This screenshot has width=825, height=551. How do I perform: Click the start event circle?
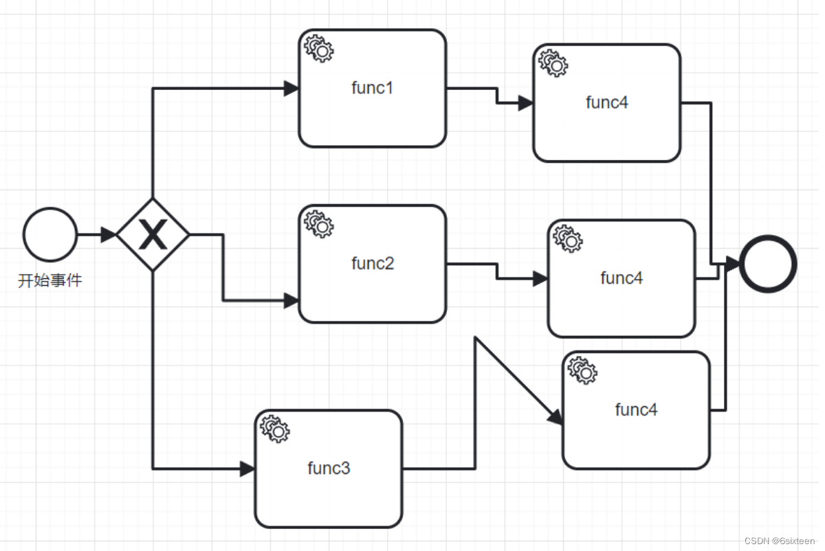coord(49,235)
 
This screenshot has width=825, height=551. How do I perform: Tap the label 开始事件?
coord(49,280)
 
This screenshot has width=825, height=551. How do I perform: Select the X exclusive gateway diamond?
coord(153,235)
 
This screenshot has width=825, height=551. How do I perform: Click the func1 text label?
coord(372,88)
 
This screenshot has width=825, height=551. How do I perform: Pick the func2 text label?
coord(372,263)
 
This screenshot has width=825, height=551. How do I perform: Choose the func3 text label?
coord(329,469)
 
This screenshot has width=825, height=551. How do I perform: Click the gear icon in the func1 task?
coord(318,48)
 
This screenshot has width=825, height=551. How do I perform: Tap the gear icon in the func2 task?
coord(318,224)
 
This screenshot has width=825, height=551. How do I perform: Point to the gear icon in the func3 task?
coord(275,429)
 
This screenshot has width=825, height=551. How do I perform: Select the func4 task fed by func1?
coord(606,103)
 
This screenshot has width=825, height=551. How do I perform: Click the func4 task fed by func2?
coord(621,278)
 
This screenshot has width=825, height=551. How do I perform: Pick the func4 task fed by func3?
coord(636,410)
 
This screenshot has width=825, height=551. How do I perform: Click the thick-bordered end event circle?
coord(768,264)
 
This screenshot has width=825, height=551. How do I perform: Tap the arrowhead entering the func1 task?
coord(291,88)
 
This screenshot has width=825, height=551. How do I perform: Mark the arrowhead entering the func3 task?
coord(247,469)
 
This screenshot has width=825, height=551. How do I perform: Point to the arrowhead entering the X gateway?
coord(109,235)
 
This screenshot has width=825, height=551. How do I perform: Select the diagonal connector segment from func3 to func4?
coord(516,379)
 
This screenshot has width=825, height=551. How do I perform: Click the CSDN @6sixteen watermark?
coord(778,541)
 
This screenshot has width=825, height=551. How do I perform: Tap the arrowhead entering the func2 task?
coord(291,301)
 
